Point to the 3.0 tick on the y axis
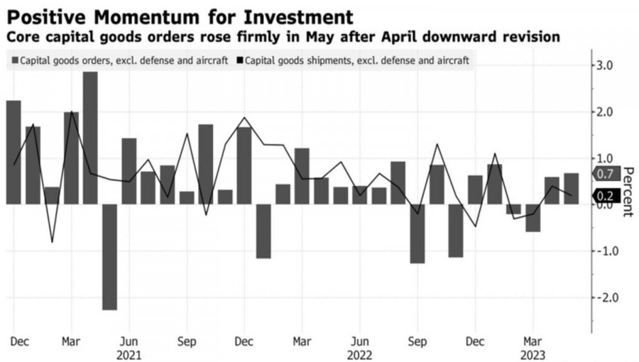[608, 65]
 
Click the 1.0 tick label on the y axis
[608, 158]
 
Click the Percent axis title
[628, 192]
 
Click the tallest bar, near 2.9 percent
[90, 138]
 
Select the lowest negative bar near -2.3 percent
[109, 257]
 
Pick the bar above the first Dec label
[13, 152]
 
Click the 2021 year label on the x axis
[129, 354]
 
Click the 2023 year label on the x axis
[533, 354]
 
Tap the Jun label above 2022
[360, 341]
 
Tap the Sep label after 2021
[187, 341]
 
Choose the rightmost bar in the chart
[571, 189]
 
